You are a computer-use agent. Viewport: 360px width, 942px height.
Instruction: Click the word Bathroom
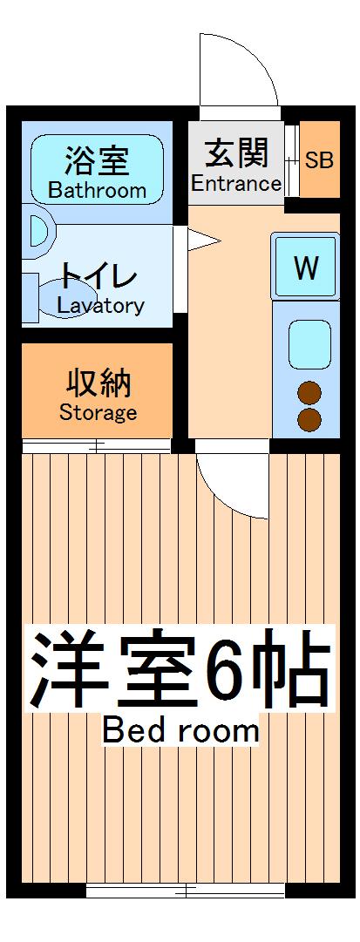[x=97, y=190]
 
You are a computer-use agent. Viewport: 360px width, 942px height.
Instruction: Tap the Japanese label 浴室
[x=97, y=161]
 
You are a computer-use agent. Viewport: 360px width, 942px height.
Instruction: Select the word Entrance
[x=236, y=184]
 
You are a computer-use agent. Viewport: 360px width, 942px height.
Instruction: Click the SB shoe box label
[x=318, y=160]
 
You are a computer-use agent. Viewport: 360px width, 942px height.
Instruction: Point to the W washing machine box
[x=305, y=268]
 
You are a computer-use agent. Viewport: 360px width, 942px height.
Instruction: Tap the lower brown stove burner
[x=310, y=420]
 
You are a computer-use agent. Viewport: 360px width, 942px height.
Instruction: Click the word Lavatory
[x=100, y=305]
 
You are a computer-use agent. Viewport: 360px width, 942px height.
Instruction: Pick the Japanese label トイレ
[x=98, y=278]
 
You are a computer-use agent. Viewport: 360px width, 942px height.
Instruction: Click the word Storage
[x=98, y=412]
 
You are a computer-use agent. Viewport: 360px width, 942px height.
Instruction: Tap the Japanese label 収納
[x=98, y=383]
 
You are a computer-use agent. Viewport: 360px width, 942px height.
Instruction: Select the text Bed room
[x=180, y=730]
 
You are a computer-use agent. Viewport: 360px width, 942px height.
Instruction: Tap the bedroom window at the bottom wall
[x=185, y=890]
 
